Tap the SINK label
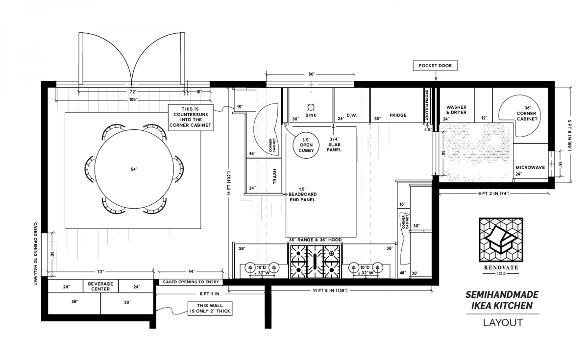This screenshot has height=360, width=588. (311, 116)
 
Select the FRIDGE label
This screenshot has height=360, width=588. (398, 116)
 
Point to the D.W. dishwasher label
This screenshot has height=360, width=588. (351, 116)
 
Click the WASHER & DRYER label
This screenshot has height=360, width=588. (456, 110)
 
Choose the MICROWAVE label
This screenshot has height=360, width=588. (530, 168)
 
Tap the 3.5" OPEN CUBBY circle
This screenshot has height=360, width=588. (303, 144)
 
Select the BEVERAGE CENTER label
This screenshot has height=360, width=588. (100, 286)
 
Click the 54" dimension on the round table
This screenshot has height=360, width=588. (134, 169)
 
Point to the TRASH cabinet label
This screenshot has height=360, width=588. (274, 176)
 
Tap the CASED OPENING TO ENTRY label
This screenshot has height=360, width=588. (191, 282)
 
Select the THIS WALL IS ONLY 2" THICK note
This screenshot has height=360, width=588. (210, 308)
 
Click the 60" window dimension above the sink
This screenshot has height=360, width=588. (311, 74)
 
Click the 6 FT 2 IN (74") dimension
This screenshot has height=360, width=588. (493, 193)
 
